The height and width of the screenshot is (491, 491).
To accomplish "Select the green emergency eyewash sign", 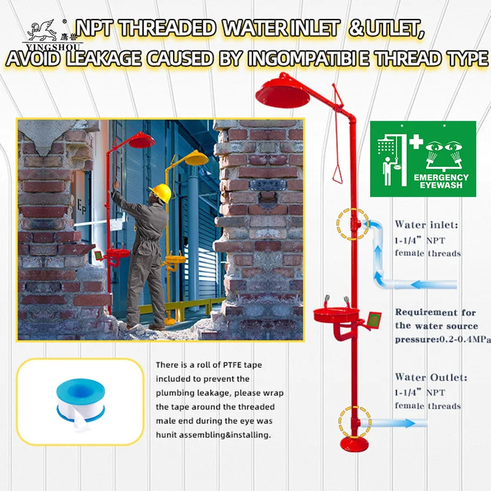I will (x=423, y=158).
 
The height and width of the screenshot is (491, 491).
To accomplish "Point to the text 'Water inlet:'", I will (x=426, y=225).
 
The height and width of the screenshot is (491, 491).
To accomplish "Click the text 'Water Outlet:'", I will (x=431, y=377).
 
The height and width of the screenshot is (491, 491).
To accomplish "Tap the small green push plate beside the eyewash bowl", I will (x=374, y=320).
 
